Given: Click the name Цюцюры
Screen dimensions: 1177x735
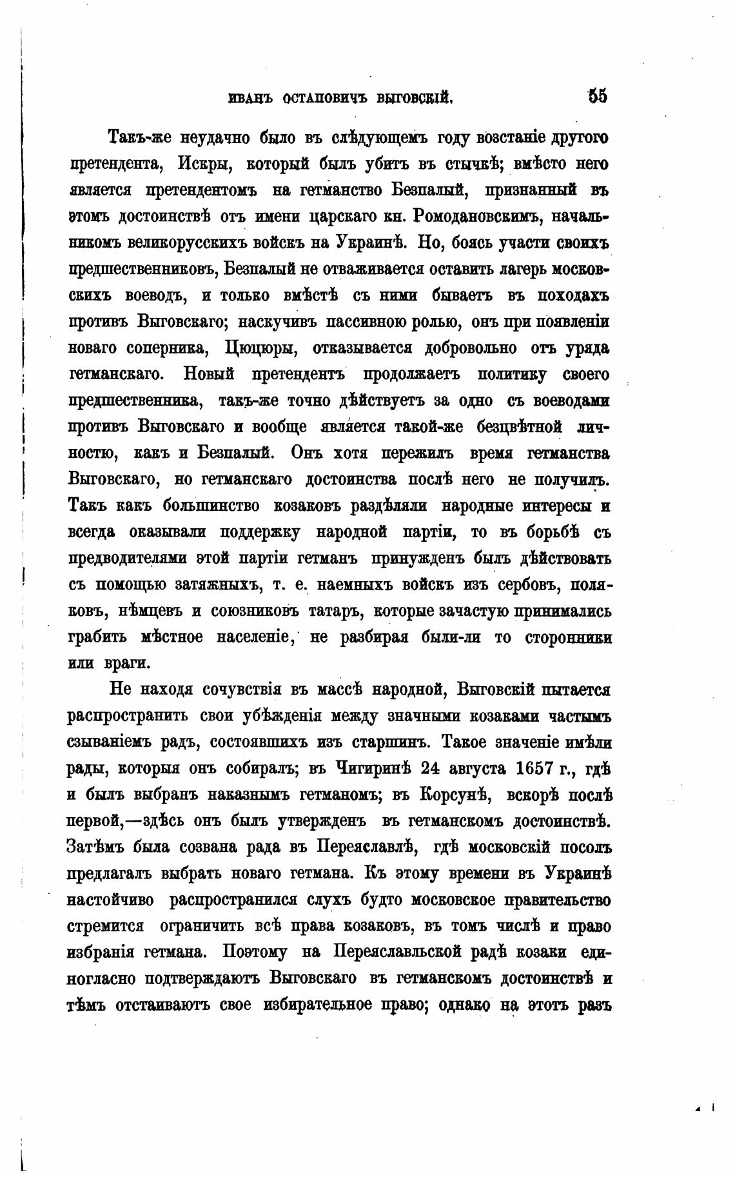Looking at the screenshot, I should pos(260,348).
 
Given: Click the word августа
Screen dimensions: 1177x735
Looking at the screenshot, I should pos(476,769).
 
